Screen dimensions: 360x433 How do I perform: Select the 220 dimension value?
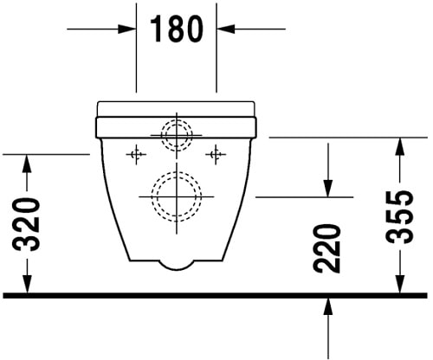point(327,247)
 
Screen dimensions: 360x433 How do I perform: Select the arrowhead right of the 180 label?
point(225,29)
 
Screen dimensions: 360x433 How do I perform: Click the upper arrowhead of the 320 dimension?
point(27,162)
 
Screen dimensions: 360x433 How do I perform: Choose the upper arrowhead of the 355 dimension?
point(399,144)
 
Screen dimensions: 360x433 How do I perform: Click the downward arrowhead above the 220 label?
point(327,189)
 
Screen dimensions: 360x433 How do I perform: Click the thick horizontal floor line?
point(216,296)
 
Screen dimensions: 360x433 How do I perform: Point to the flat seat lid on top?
point(177,108)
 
